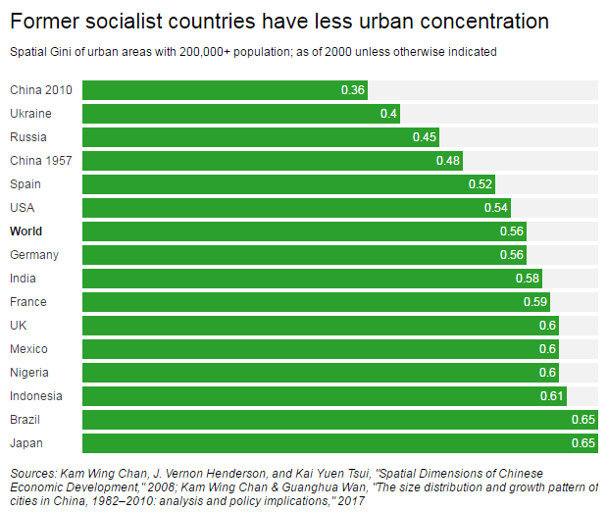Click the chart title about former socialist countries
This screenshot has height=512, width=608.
279,21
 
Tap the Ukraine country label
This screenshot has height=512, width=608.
30,114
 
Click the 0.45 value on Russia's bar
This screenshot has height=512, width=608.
424,137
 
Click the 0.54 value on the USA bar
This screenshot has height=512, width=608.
495,208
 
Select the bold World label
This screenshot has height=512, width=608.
27,231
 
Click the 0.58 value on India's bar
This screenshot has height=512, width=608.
527,279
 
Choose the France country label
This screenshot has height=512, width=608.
28,302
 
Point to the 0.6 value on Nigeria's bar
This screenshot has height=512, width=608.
547,373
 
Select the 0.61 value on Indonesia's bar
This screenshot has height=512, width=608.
552,396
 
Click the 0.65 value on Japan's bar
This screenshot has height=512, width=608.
583,443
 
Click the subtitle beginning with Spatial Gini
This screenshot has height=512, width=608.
252,51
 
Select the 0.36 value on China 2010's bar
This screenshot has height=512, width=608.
353,90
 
